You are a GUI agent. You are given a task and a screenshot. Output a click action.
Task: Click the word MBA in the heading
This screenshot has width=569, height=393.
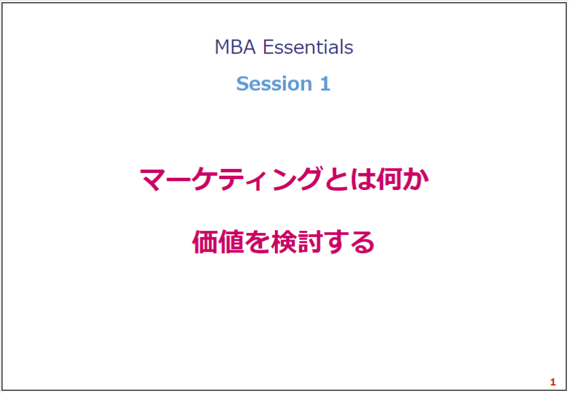coord(235,48)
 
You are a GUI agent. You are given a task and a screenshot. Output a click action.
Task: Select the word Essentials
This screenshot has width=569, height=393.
coord(308,47)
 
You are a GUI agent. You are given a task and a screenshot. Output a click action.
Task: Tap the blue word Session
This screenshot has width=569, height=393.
coord(274,83)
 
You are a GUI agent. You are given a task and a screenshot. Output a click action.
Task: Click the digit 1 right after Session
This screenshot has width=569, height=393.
coord(325,83)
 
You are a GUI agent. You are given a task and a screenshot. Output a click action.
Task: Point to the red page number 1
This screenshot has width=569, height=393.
coord(553,381)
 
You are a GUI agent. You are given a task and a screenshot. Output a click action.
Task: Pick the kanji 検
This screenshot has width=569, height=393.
coord(283,242)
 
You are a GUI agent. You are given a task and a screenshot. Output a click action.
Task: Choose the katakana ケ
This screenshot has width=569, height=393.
coord(204,179)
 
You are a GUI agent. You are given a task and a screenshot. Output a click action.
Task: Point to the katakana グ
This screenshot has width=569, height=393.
coord(309,179)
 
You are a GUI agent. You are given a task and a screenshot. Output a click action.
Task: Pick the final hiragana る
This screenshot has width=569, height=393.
coord(362,242)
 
